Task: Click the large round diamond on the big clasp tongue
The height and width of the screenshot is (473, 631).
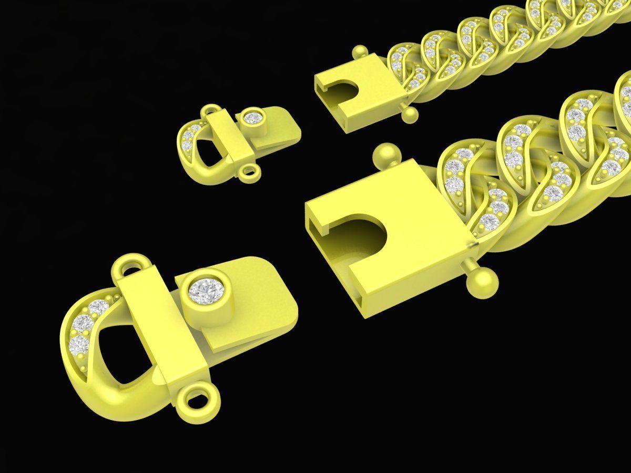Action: click(206, 291)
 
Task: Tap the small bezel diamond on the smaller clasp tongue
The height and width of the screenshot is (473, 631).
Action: click(254, 118)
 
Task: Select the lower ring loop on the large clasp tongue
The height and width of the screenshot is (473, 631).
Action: click(198, 397)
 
